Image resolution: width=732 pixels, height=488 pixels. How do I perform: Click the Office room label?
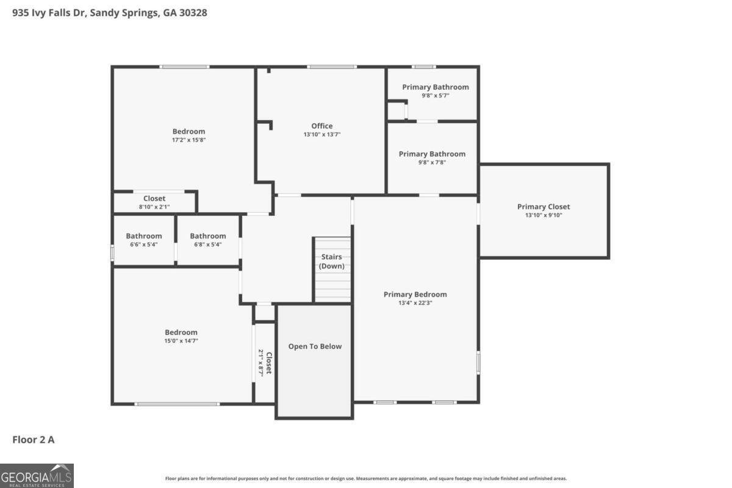(321, 126)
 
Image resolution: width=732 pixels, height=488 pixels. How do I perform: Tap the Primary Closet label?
(544, 207)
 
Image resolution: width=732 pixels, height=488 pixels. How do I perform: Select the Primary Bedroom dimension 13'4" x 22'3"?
(415, 303)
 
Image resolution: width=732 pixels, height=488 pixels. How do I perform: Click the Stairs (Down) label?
(332, 262)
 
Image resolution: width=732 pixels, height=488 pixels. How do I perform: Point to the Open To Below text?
(315, 346)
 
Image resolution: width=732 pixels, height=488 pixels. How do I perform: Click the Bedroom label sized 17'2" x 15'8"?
(188, 131)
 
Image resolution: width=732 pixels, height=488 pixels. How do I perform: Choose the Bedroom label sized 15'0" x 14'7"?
(181, 332)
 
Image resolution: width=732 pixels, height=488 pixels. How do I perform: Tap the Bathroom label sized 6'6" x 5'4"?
(144, 236)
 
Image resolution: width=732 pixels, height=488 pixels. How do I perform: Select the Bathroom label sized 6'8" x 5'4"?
(207, 236)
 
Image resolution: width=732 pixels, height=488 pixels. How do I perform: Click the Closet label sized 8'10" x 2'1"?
(154, 198)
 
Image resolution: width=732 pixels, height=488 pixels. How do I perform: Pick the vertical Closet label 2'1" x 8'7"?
(268, 362)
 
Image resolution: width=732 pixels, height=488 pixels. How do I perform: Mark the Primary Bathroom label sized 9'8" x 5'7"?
(435, 87)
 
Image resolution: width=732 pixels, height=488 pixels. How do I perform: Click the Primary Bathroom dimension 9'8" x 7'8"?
(432, 162)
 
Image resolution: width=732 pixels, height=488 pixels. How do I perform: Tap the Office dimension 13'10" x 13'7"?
(321, 135)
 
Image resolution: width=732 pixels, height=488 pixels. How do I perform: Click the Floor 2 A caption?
(34, 439)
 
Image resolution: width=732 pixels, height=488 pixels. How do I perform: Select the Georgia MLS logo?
(37, 475)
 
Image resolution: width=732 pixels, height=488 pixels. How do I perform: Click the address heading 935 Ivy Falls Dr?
(110, 12)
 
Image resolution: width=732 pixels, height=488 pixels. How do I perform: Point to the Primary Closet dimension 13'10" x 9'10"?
(544, 215)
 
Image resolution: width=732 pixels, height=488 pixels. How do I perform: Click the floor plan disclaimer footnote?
(366, 479)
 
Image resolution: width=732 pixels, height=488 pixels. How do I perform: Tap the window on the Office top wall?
(331, 66)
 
